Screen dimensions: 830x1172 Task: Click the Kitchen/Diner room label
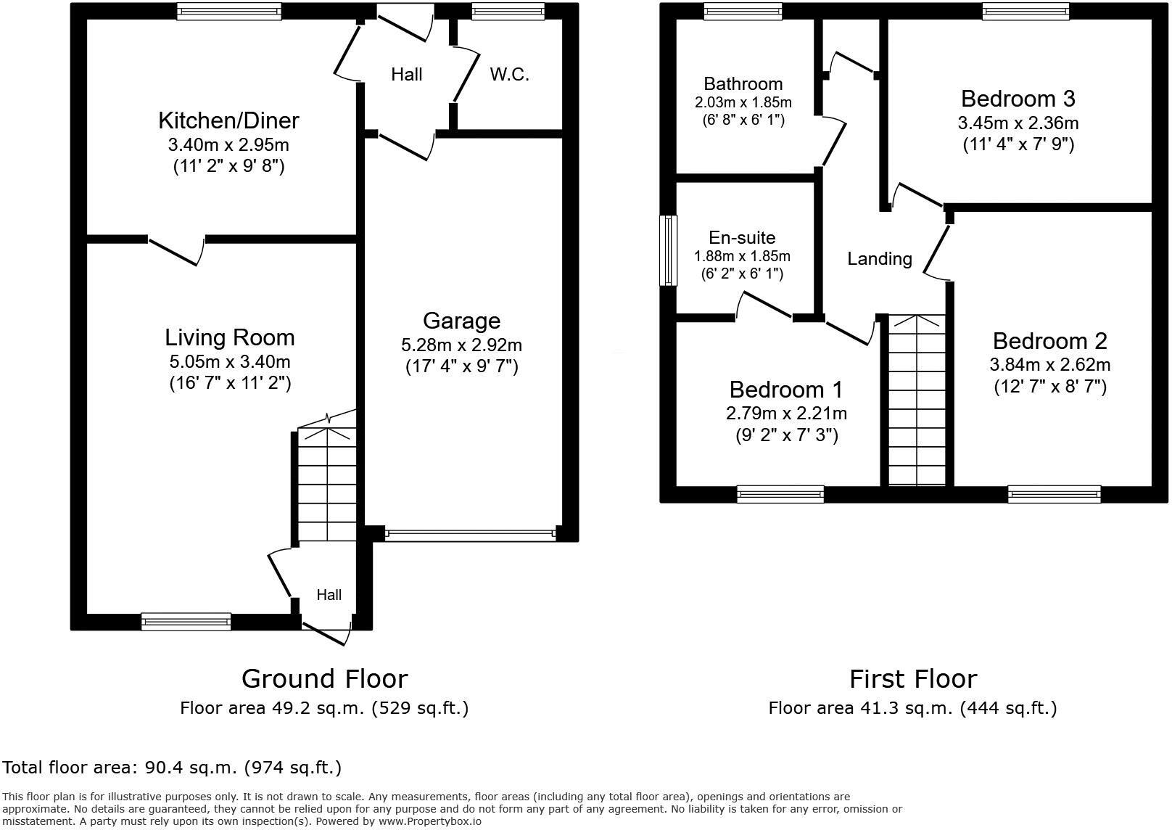click(x=228, y=120)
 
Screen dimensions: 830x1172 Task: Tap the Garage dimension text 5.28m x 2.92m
click(x=461, y=345)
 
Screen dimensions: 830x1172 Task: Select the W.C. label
click(x=509, y=74)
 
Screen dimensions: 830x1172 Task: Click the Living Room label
click(x=230, y=337)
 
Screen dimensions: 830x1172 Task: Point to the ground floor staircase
click(x=327, y=482)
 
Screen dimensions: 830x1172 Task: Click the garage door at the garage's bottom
click(x=470, y=535)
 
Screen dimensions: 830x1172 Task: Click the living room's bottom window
click(x=186, y=621)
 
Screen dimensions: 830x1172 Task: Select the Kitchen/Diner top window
click(x=228, y=11)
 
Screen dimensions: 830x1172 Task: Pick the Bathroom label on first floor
click(x=743, y=83)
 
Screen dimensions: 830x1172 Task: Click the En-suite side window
click(x=668, y=250)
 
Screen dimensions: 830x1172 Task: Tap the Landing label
click(x=879, y=258)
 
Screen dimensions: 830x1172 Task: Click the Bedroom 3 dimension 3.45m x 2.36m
click(x=1018, y=123)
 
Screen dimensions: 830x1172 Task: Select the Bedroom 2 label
click(x=1049, y=341)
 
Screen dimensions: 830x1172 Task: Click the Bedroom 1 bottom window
click(x=780, y=494)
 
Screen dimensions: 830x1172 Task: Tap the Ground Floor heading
click(x=324, y=678)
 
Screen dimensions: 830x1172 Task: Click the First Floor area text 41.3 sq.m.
click(x=912, y=708)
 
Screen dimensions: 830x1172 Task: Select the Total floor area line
click(x=172, y=767)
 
